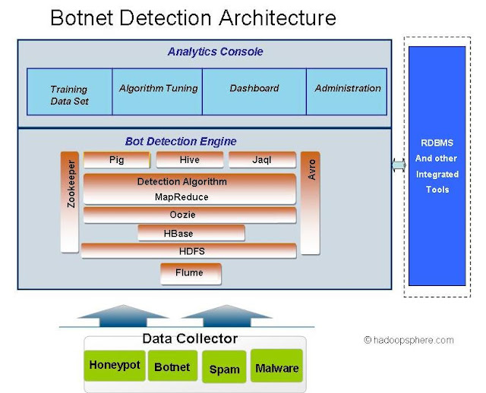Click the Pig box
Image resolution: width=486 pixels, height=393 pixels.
[116, 160]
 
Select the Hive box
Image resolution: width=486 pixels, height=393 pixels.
[189, 160]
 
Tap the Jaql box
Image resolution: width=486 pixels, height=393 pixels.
[261, 160]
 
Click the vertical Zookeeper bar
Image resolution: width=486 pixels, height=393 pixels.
[70, 202]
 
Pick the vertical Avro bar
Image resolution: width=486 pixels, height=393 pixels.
[310, 202]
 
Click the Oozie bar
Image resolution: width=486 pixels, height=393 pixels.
[189, 215]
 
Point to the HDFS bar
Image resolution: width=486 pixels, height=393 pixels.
[189, 251]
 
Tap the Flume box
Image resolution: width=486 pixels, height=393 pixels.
[191, 273]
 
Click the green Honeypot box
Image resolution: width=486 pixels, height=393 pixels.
[115, 366]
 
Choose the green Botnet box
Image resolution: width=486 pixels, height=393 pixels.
[172, 366]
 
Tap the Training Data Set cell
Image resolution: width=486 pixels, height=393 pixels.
[69, 93]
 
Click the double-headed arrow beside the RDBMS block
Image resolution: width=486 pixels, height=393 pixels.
[399, 165]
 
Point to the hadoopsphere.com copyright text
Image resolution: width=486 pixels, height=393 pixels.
[409, 341]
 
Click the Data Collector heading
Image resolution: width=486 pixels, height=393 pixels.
[190, 338]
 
